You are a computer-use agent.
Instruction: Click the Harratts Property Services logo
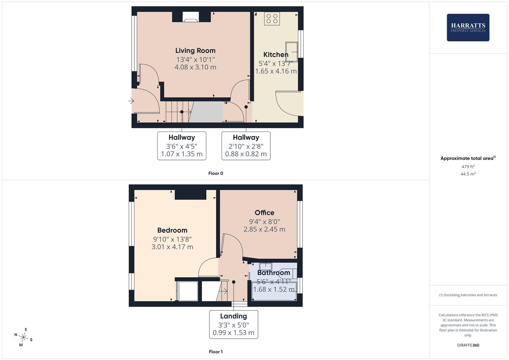[468, 27]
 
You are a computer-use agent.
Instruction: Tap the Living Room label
[195, 50]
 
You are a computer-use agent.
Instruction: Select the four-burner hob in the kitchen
[272, 19]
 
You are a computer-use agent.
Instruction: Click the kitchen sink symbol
[292, 52]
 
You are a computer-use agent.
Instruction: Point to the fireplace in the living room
[191, 17]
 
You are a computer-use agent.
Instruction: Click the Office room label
[264, 213]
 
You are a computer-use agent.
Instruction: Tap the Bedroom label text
[172, 230]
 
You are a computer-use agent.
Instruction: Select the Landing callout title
[233, 316]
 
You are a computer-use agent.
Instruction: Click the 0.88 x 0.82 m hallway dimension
[246, 154]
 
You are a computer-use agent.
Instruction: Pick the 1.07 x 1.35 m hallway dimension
[182, 154]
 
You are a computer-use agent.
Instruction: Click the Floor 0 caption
[216, 173]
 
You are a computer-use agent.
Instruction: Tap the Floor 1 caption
[216, 352]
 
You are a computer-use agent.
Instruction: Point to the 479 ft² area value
[468, 167]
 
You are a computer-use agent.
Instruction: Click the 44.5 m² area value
[468, 174]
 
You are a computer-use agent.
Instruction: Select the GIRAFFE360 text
[468, 345]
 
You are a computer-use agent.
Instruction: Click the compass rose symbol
[23, 337]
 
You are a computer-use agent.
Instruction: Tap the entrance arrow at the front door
[131, 101]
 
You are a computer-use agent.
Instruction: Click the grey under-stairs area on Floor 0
[206, 112]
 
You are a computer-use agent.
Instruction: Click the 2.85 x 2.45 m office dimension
[264, 229]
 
